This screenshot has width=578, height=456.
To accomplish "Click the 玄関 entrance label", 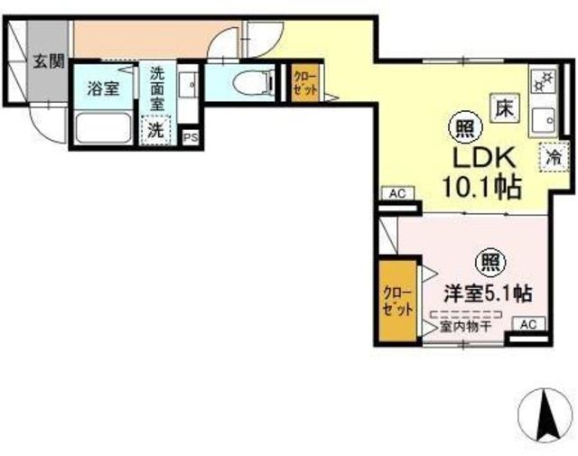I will tap(49, 61).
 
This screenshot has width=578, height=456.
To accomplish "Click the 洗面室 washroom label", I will tap(157, 88).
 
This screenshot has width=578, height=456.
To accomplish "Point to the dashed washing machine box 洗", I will tap(157, 129).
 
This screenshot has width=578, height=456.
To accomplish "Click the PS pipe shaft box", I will tap(190, 137).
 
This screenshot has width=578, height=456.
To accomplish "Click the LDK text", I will tap(482, 158).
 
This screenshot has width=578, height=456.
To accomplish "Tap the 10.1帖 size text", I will tap(480, 188).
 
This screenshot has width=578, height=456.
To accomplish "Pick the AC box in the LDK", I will tap(397, 193).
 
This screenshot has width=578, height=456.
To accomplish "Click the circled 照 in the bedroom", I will tap(489, 263).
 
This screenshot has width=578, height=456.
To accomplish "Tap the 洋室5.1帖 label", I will tap(486, 293).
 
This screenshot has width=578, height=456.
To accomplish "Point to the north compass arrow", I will tap(545, 414).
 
